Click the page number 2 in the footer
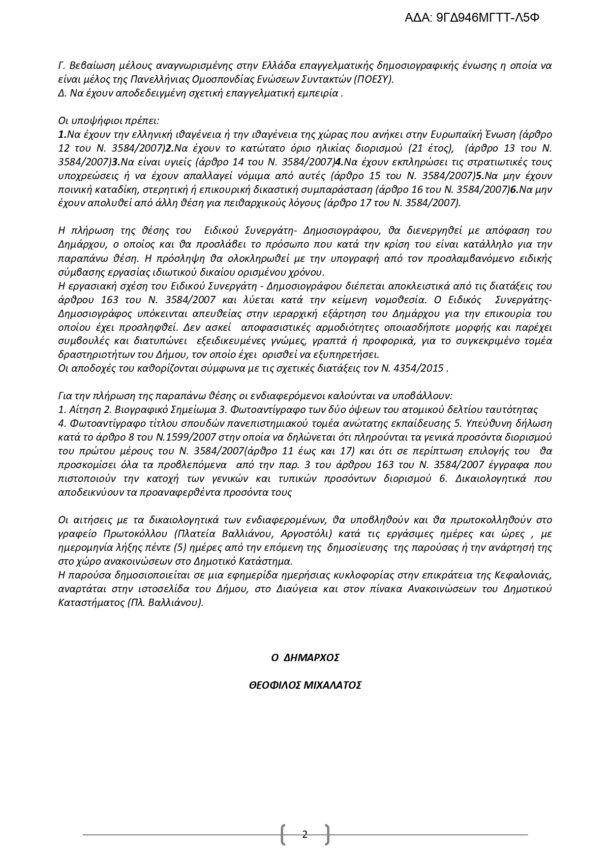305,834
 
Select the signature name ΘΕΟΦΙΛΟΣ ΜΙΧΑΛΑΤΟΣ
305,685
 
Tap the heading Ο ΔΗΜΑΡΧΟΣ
305,658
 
